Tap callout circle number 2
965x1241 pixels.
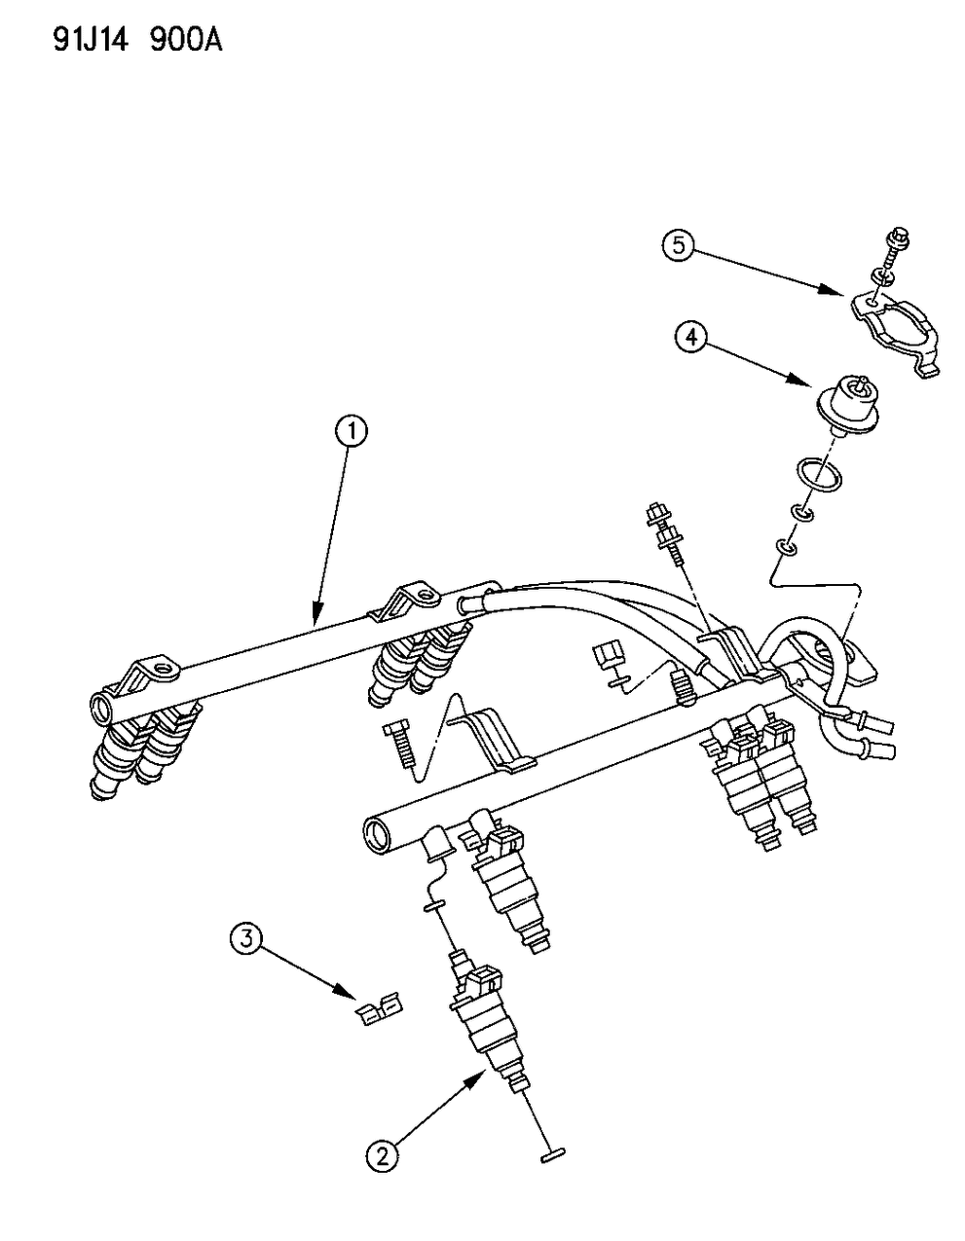[x=381, y=1155]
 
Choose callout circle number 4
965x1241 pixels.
[x=689, y=338]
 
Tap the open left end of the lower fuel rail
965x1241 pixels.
[x=375, y=831]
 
